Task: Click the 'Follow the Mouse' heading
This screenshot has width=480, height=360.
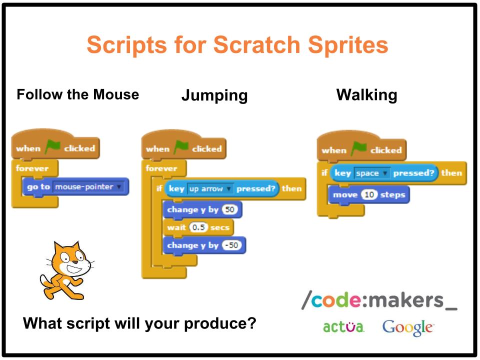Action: [78, 94]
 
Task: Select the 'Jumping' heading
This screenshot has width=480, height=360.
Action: [214, 95]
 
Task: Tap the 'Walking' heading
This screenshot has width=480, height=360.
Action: [366, 95]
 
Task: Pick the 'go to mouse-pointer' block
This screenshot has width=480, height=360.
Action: [75, 186]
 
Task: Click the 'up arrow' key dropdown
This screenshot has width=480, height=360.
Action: [210, 188]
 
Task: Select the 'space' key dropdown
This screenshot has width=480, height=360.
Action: [371, 173]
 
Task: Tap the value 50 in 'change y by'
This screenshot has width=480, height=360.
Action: [229, 209]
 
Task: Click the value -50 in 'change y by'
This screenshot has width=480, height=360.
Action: [231, 245]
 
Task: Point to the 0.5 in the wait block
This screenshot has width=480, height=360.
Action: [198, 227]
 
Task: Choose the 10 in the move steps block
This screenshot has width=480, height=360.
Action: [369, 194]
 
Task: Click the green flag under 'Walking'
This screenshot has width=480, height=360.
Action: [358, 148]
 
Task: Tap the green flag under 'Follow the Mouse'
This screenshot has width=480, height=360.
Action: [52, 146]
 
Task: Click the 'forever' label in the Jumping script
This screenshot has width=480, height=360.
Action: [161, 168]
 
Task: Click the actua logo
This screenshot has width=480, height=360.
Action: [343, 326]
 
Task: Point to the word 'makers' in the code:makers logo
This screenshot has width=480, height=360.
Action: [405, 299]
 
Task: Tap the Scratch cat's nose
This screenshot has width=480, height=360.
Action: [74, 262]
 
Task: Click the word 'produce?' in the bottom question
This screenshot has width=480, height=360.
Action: [220, 324]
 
